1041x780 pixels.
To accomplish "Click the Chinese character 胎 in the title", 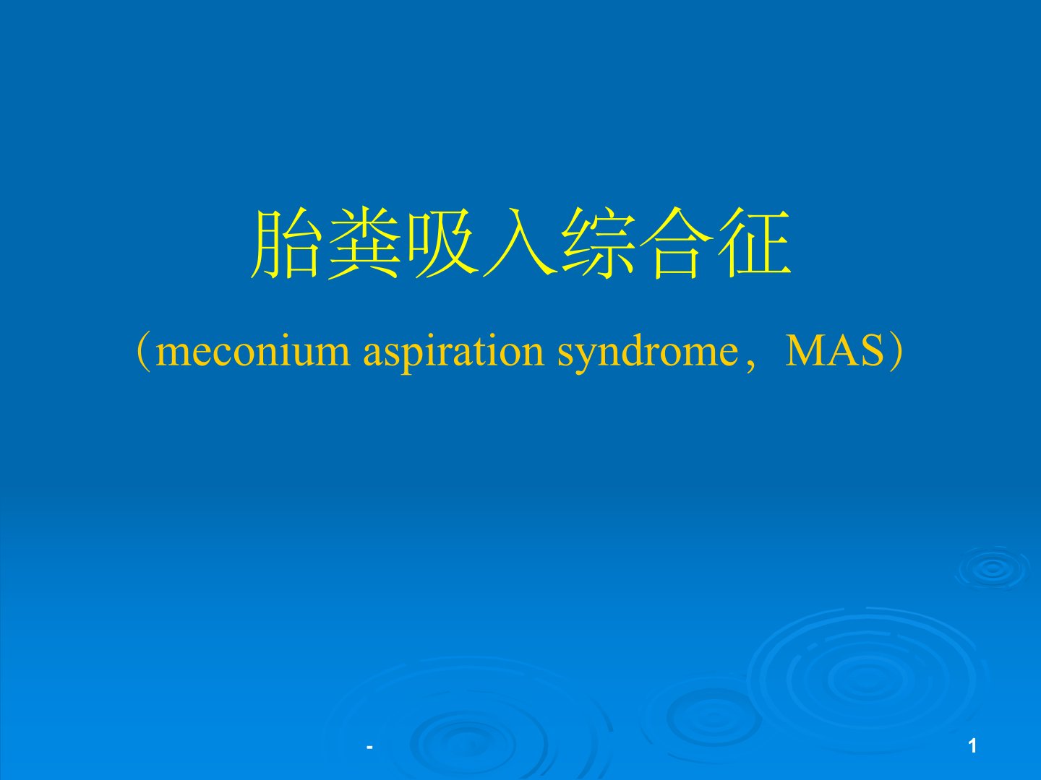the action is [286, 243].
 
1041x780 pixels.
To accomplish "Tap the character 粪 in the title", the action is [364, 243].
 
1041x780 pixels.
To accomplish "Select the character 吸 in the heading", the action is [442, 243].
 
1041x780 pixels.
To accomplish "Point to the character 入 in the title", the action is [520, 243].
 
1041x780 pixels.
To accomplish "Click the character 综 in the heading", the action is [599, 243].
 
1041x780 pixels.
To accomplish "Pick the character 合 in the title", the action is [677, 243].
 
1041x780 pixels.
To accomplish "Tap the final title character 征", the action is [754, 243].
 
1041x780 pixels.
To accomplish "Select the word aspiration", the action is [453, 354].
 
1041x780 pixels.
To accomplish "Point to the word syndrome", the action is [648, 354].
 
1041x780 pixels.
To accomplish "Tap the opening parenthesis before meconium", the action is [144, 353].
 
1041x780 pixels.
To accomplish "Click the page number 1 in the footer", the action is [972, 746].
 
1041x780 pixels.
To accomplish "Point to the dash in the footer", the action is [370, 747].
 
